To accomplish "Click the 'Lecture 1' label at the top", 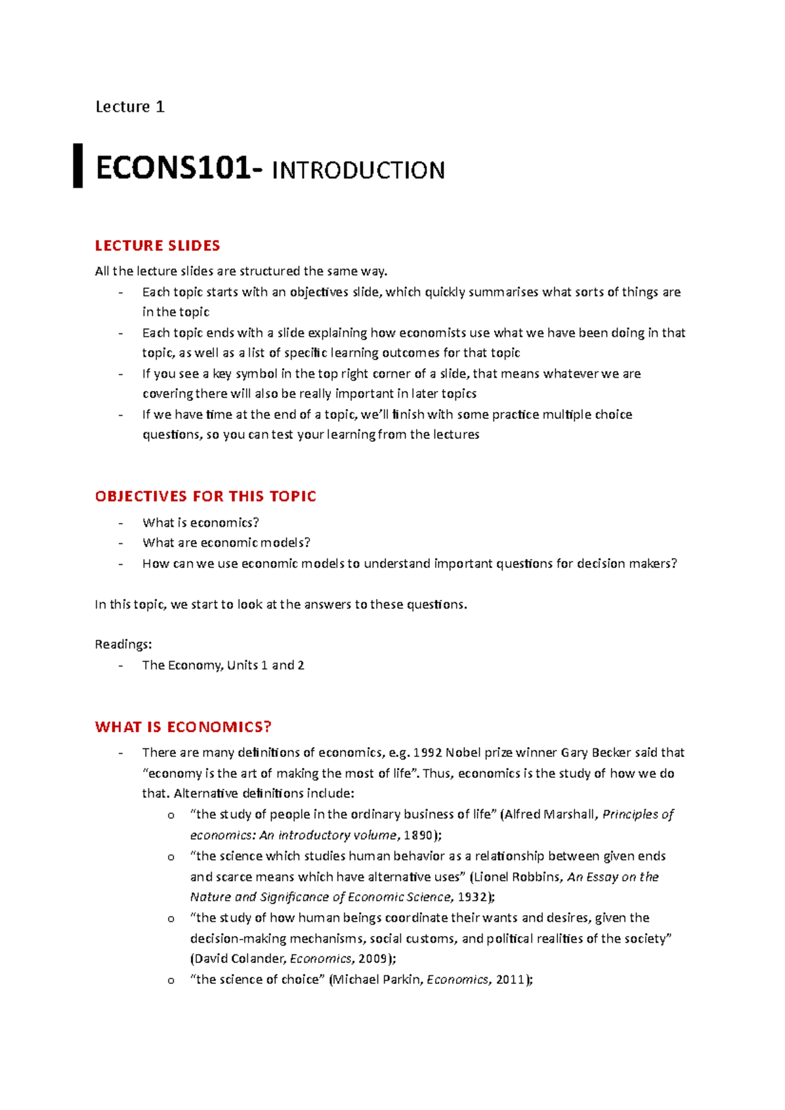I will pyautogui.click(x=130, y=107).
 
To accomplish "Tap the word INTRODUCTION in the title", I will pyautogui.click(x=358, y=171).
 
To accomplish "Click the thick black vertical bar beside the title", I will pyautogui.click(x=78, y=166).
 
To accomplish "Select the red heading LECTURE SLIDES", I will pyautogui.click(x=158, y=246).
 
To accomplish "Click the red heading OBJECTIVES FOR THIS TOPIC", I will pyautogui.click(x=205, y=496).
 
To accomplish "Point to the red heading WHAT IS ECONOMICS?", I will pyautogui.click(x=183, y=727).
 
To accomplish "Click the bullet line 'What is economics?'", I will pyautogui.click(x=201, y=522).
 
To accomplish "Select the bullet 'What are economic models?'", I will pyautogui.click(x=226, y=543).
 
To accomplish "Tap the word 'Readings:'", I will pyautogui.click(x=123, y=645).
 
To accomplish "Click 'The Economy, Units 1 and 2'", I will pyautogui.click(x=223, y=665).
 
